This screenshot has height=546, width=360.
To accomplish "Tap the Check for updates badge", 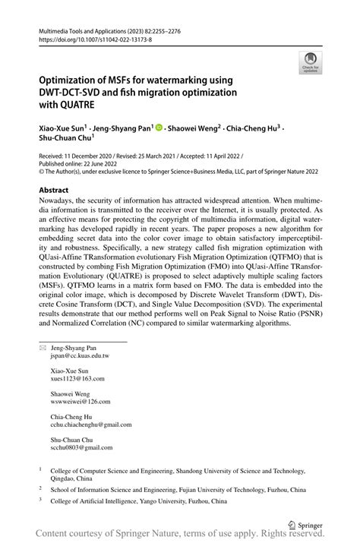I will pyautogui.click(x=310, y=63).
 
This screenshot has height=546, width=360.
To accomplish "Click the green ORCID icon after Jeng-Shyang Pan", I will pyautogui.click(x=159, y=128).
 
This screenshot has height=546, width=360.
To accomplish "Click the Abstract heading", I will pyautogui.click(x=54, y=191).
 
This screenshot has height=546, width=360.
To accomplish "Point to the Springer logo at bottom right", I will pyautogui.click(x=302, y=524).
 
